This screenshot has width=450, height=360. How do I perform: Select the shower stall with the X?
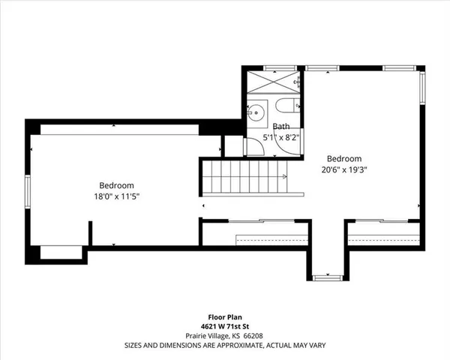(275, 81)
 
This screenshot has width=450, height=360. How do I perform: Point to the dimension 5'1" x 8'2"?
(281, 138)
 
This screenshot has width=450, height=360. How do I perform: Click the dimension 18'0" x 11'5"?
(116, 196)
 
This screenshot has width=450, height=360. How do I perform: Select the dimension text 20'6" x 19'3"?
(345, 169)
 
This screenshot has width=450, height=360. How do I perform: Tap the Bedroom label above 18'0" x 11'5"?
(116, 185)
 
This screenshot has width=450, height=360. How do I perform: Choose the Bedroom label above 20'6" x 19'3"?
(345, 158)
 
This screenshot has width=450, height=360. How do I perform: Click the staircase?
(241, 180)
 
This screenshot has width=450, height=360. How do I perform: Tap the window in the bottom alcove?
(325, 277)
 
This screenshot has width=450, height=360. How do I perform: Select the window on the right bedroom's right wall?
(421, 89)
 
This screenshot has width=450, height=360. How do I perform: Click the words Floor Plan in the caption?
(224, 317)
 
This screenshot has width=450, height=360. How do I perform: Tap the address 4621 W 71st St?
(224, 327)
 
